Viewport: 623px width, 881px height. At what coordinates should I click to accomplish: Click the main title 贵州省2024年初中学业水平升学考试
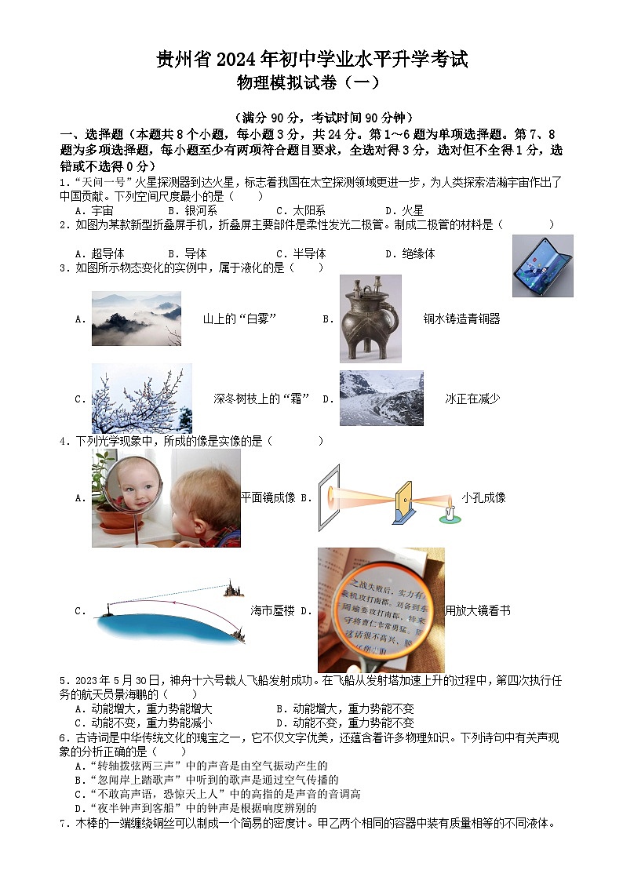pos(311,59)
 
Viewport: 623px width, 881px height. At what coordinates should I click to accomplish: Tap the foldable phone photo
pos(542,266)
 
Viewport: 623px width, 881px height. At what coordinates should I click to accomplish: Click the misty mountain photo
pos(136,319)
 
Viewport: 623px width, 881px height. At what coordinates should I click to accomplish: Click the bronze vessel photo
pos(370,319)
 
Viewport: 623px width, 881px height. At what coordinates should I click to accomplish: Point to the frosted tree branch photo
pos(141,399)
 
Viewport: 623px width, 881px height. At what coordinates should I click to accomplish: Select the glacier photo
pos(381,399)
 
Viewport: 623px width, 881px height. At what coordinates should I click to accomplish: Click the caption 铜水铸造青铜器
pos(461,319)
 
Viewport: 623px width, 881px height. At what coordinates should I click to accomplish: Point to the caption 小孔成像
pos(483,497)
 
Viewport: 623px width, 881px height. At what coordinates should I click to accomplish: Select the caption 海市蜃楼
pos(272,610)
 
